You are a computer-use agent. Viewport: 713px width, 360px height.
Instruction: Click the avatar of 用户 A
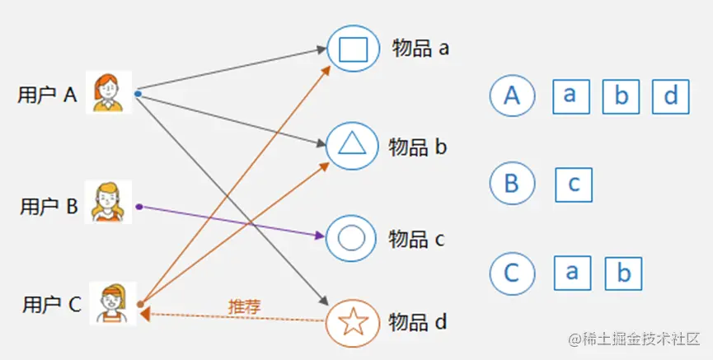pos(109,91)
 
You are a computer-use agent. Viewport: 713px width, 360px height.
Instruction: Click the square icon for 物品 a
pos(352,49)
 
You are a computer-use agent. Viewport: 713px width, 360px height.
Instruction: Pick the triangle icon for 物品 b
pos(352,145)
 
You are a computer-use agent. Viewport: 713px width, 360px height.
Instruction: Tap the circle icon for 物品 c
pos(352,238)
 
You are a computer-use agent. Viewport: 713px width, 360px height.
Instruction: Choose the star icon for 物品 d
pos(353,321)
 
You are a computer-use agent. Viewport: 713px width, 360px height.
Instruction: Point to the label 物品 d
pos(418,322)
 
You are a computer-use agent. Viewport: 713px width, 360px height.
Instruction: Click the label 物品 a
pos(420,49)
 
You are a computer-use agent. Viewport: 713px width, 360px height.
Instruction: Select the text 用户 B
pos(49,207)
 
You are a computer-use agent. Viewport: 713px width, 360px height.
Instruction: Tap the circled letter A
pos(512,96)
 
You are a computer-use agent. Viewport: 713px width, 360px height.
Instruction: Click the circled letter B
pos(512,183)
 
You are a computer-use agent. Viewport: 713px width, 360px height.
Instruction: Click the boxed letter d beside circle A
pos(670,97)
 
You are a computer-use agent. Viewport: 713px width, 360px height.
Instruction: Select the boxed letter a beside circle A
pos(570,96)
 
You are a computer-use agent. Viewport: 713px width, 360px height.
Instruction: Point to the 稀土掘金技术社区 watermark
pos(632,339)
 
